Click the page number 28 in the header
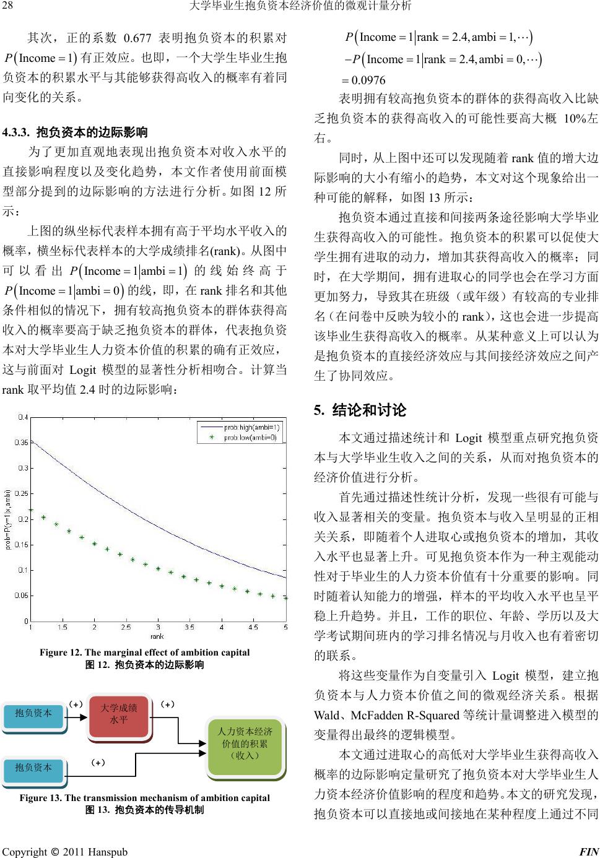point(7,6)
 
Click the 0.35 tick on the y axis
point(21,443)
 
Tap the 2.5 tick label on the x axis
point(126,627)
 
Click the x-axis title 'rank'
point(158,636)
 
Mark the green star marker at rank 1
point(31,509)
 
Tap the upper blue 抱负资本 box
point(33,713)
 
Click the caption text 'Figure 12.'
point(61,652)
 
